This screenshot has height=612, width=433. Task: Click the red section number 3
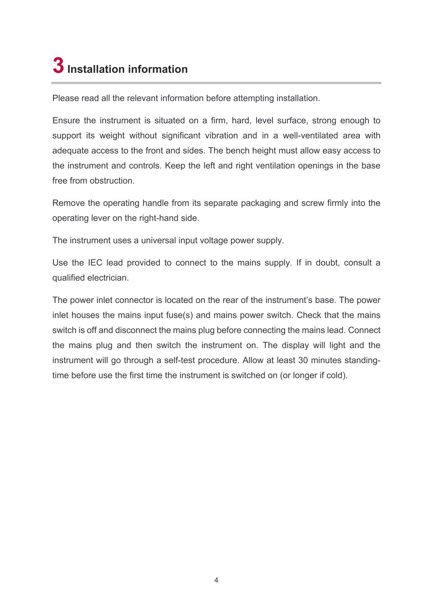point(58,65)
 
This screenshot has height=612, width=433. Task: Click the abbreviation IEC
point(95,263)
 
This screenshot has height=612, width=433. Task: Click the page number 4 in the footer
point(216,580)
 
